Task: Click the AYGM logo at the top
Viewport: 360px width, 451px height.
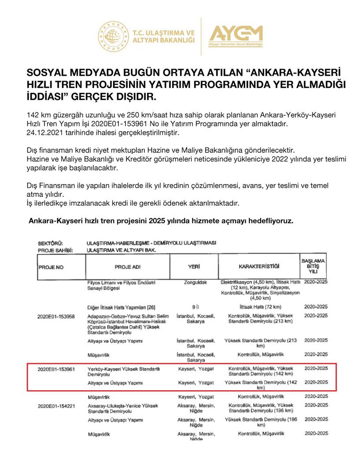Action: [235, 36]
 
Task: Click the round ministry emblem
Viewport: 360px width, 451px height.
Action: [113, 36]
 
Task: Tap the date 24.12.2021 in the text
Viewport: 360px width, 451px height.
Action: [44, 132]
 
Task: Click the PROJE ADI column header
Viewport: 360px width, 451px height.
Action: [127, 267]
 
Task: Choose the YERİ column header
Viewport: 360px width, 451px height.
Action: [194, 267]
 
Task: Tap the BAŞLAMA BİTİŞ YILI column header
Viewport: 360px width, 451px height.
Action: [313, 266]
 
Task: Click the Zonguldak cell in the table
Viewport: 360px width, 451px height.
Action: [194, 282]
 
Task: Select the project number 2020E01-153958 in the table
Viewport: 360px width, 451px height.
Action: [56, 316]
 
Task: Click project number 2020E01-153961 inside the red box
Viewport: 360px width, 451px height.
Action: [56, 369]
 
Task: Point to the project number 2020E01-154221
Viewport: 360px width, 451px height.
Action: [56, 406]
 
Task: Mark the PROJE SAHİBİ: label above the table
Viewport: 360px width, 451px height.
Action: [55, 250]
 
